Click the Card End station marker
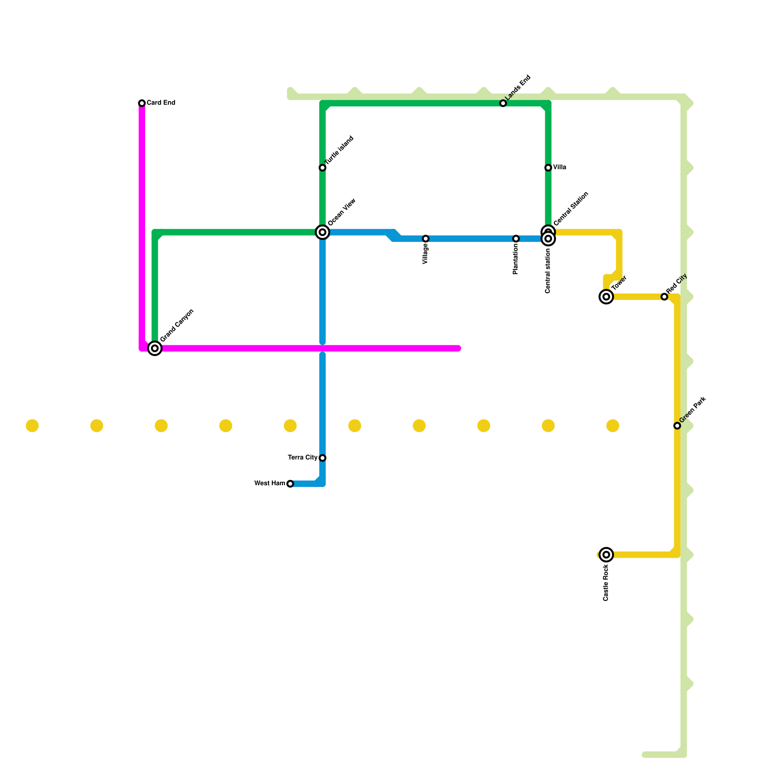[x=142, y=103]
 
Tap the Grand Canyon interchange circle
[x=155, y=348]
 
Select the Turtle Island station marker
[x=323, y=168]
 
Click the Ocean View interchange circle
[x=323, y=233]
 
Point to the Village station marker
[x=426, y=238]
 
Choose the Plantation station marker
[x=516, y=238]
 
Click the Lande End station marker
[x=503, y=104]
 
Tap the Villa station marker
[x=548, y=168]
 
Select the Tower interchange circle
[x=607, y=297]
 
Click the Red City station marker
[x=664, y=297]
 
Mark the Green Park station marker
[x=677, y=426]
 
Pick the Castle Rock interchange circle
[x=607, y=555]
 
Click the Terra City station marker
[x=323, y=458]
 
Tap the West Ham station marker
[x=290, y=484]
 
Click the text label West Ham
[x=269, y=483]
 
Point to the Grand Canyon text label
[x=177, y=325]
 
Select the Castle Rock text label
[x=606, y=583]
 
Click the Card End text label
[x=161, y=103]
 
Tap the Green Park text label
[x=693, y=409]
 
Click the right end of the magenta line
[x=459, y=348]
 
